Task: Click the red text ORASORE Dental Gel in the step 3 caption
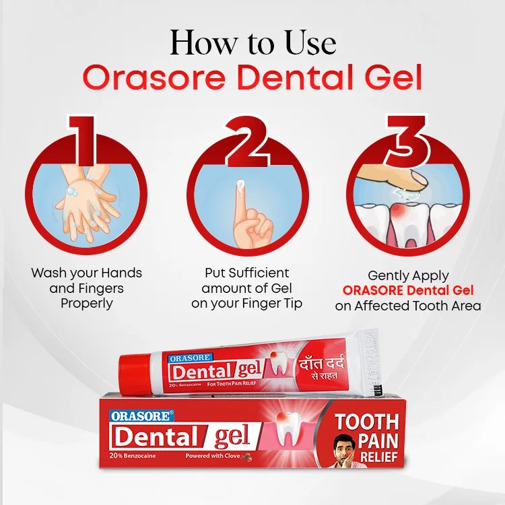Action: click(408, 290)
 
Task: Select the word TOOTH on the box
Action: click(367, 423)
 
